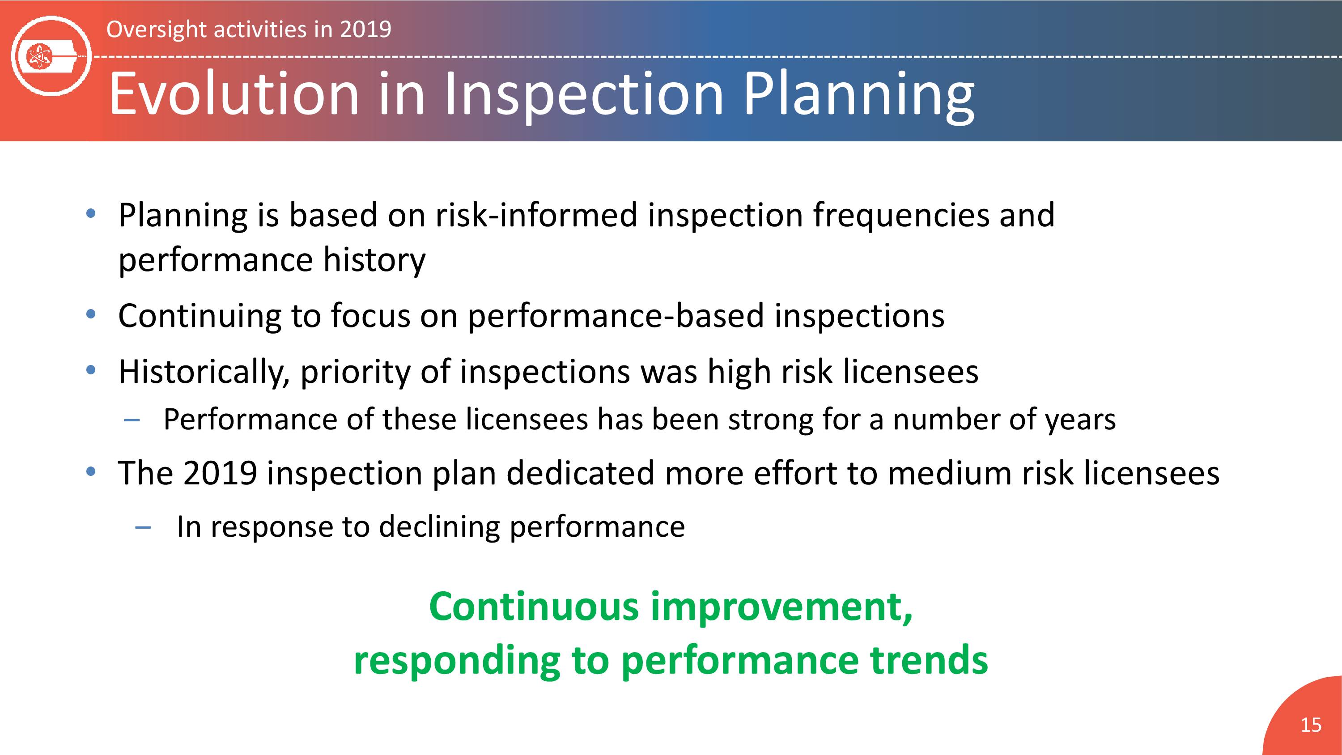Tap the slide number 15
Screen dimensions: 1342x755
(x=1311, y=725)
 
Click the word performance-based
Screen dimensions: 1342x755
(x=616, y=317)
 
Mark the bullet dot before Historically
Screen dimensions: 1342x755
(x=91, y=370)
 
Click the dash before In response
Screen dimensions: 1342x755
(x=143, y=528)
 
